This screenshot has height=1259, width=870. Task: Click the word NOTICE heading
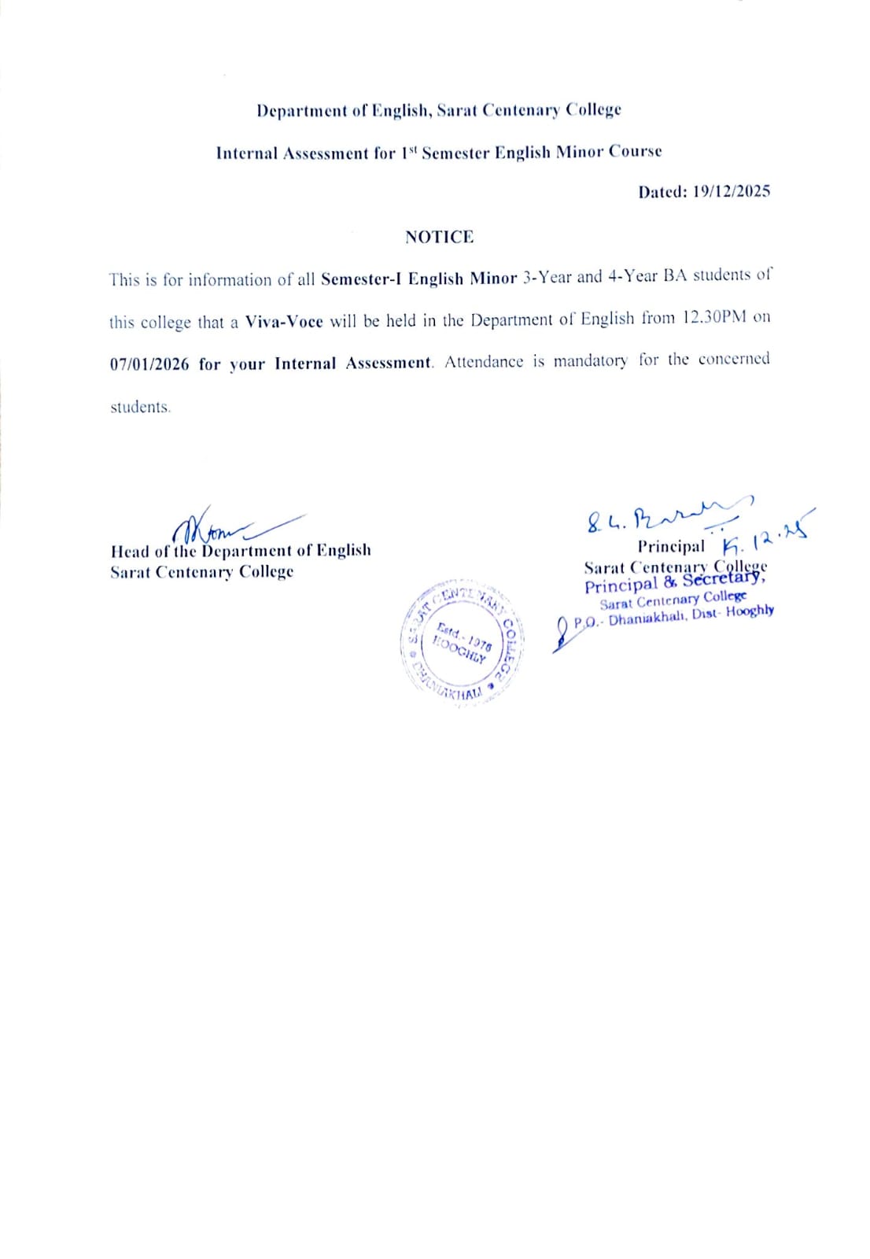pos(439,237)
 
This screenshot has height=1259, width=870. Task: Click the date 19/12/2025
pos(731,191)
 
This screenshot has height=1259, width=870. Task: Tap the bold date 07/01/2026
pos(149,364)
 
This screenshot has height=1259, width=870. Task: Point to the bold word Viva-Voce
pos(284,321)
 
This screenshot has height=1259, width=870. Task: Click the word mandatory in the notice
pos(590,361)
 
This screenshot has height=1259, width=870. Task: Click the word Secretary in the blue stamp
pos(723,579)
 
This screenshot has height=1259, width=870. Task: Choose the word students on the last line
pos(139,407)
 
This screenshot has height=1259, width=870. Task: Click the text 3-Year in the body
pos(547,277)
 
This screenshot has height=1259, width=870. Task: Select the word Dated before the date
pos(662,191)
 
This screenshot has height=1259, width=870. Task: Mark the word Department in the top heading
pos(301,110)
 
